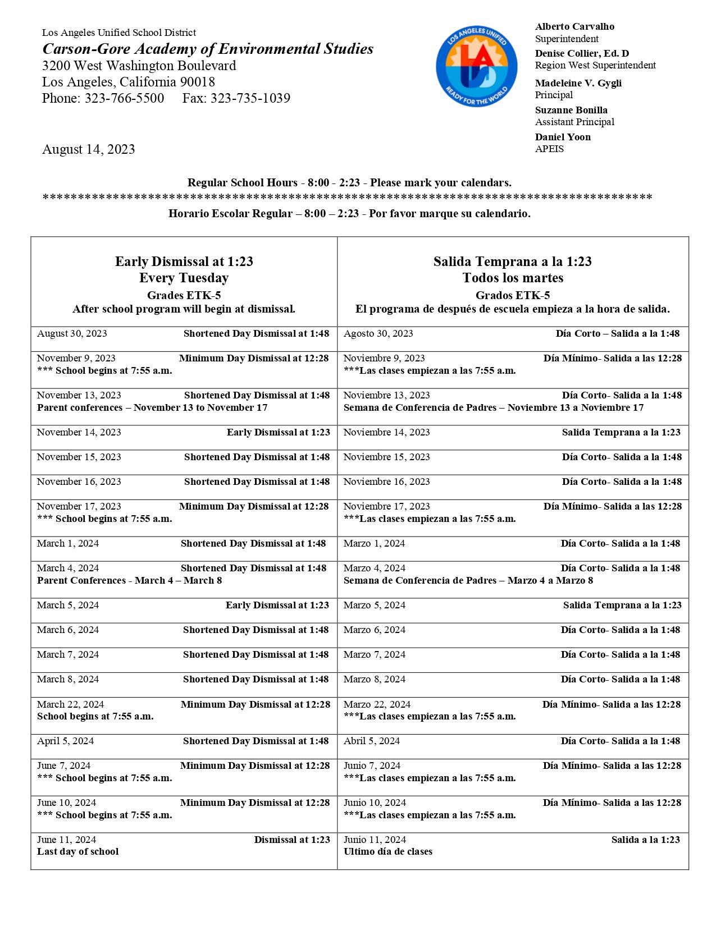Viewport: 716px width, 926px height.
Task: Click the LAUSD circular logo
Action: (476, 66)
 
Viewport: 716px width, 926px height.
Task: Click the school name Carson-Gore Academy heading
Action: (208, 49)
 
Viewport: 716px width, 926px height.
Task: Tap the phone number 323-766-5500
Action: (124, 98)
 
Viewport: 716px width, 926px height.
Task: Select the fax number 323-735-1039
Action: (250, 98)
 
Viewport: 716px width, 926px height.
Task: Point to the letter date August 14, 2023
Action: (88, 149)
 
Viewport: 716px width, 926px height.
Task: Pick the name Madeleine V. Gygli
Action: (578, 83)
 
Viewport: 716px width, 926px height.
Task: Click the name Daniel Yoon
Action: (562, 137)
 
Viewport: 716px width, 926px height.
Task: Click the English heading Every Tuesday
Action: (184, 278)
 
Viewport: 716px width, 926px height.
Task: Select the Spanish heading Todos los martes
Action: (512, 278)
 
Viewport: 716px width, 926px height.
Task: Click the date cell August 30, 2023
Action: (72, 333)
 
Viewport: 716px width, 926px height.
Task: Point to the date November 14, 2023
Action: (79, 432)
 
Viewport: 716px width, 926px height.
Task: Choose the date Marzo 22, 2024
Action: (377, 704)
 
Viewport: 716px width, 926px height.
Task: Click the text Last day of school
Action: (77, 851)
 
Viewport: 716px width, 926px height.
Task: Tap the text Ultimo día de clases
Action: (387, 851)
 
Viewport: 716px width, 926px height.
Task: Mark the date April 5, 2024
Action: (65, 741)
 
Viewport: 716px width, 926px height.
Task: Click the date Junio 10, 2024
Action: (375, 803)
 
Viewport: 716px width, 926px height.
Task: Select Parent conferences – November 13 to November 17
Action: (152, 407)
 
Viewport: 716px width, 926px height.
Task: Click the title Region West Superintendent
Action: (595, 65)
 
